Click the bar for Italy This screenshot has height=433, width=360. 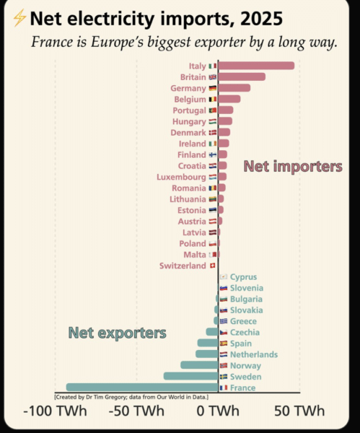(256, 66)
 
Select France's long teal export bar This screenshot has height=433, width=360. (142, 387)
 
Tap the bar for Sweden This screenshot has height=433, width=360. (190, 376)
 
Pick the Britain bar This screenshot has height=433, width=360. (242, 76)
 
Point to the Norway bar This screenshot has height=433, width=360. (199, 365)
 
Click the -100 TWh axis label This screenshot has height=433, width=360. (56, 411)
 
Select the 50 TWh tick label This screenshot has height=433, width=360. (299, 411)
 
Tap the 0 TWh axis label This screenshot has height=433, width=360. (218, 411)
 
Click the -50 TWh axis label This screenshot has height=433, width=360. (136, 411)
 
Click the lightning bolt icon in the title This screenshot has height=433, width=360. (19, 18)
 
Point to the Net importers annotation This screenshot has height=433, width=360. (293, 166)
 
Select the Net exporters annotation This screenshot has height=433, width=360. (118, 333)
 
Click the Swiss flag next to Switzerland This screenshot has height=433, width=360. (212, 266)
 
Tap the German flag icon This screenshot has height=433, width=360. (213, 88)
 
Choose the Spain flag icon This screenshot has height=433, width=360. (224, 344)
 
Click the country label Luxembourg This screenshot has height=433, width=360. (181, 177)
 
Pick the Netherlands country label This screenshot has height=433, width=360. (254, 354)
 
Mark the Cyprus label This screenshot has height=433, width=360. (243, 276)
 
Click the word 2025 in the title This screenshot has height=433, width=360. (261, 19)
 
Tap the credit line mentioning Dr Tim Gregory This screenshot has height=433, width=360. (131, 397)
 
